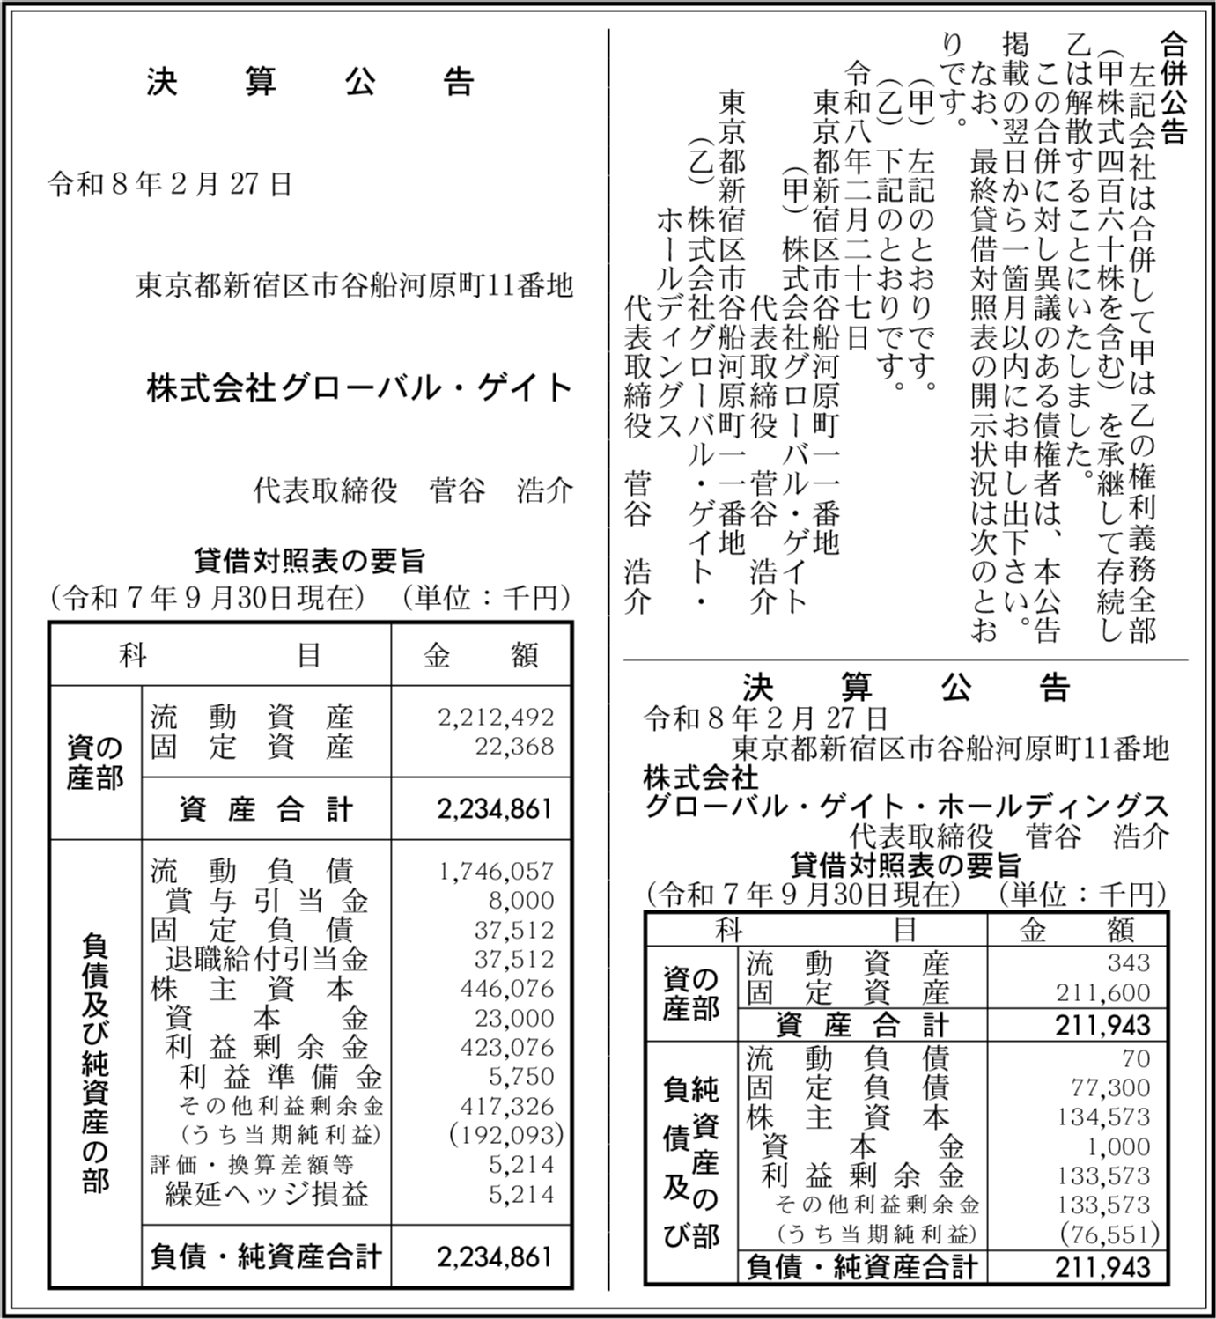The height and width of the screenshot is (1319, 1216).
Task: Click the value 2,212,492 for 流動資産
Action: click(x=496, y=718)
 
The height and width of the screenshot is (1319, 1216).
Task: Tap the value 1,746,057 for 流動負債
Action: click(x=496, y=871)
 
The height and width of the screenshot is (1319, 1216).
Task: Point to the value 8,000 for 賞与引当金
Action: click(x=522, y=900)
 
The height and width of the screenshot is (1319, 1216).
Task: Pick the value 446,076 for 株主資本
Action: click(x=507, y=989)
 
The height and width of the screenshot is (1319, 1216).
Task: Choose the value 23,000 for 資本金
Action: click(x=514, y=1018)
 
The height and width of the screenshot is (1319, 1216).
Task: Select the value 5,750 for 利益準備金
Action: click(x=522, y=1077)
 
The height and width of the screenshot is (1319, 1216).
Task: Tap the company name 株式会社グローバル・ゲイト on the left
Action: click(x=360, y=388)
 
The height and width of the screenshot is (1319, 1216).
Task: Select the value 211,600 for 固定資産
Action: click(x=1103, y=992)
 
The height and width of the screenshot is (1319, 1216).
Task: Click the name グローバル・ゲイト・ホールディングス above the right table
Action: click(x=906, y=807)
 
